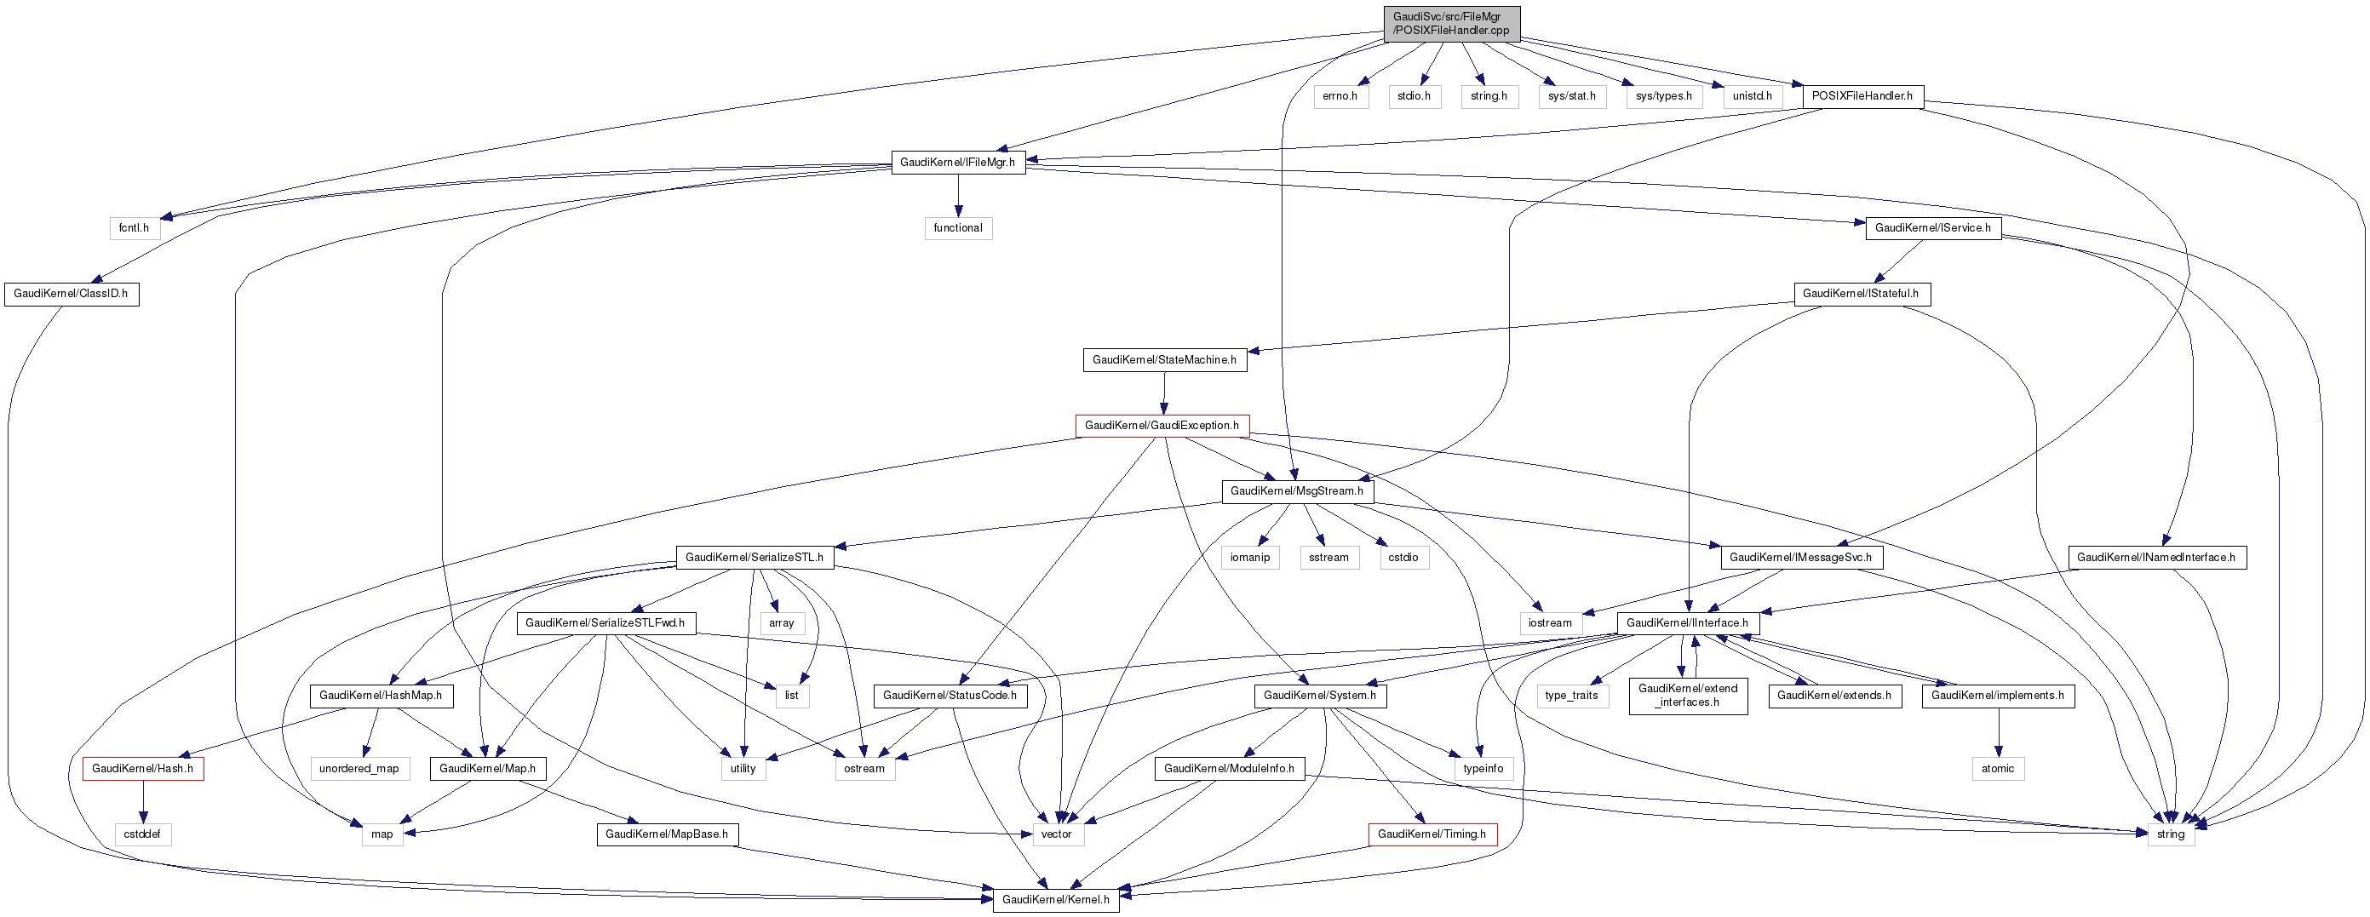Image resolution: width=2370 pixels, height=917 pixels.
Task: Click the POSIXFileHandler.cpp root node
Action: point(1451,23)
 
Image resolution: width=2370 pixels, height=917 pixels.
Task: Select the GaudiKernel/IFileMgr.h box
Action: point(958,163)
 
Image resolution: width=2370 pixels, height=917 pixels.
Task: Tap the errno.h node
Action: point(1340,96)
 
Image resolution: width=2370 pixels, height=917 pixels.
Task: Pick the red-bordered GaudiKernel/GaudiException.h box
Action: point(1161,426)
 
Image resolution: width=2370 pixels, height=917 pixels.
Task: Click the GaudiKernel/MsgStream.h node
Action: point(1296,491)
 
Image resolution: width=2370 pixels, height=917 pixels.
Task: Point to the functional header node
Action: point(958,228)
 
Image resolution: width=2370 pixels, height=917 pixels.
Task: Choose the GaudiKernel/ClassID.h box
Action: point(71,295)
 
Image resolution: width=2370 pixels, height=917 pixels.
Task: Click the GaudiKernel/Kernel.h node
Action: point(1055,899)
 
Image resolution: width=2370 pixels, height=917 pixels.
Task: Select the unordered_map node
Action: point(359,769)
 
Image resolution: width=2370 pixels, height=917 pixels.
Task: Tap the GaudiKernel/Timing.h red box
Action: point(1432,834)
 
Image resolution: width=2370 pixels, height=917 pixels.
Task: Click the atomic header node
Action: point(1997,769)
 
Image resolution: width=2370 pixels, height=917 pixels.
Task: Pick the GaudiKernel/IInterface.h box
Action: point(1687,623)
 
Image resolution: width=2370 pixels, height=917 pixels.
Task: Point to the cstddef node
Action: point(142,834)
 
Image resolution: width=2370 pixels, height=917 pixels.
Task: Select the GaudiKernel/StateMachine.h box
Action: point(1164,360)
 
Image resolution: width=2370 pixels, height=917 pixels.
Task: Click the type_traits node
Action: point(1571,696)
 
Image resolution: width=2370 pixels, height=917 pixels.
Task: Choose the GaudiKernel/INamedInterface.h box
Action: point(2155,558)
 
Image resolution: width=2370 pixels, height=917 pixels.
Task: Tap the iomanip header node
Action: point(1249,558)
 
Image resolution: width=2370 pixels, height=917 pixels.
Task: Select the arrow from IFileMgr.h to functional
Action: point(958,195)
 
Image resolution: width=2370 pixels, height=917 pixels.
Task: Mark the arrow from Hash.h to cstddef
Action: point(142,801)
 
